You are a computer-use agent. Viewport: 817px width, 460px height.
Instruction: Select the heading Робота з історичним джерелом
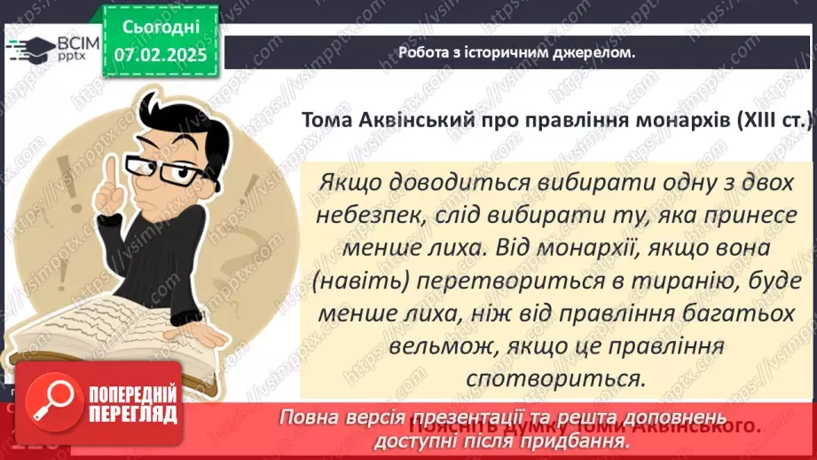[x=516, y=52]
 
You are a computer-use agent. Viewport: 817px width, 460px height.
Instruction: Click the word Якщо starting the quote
[x=347, y=179]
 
